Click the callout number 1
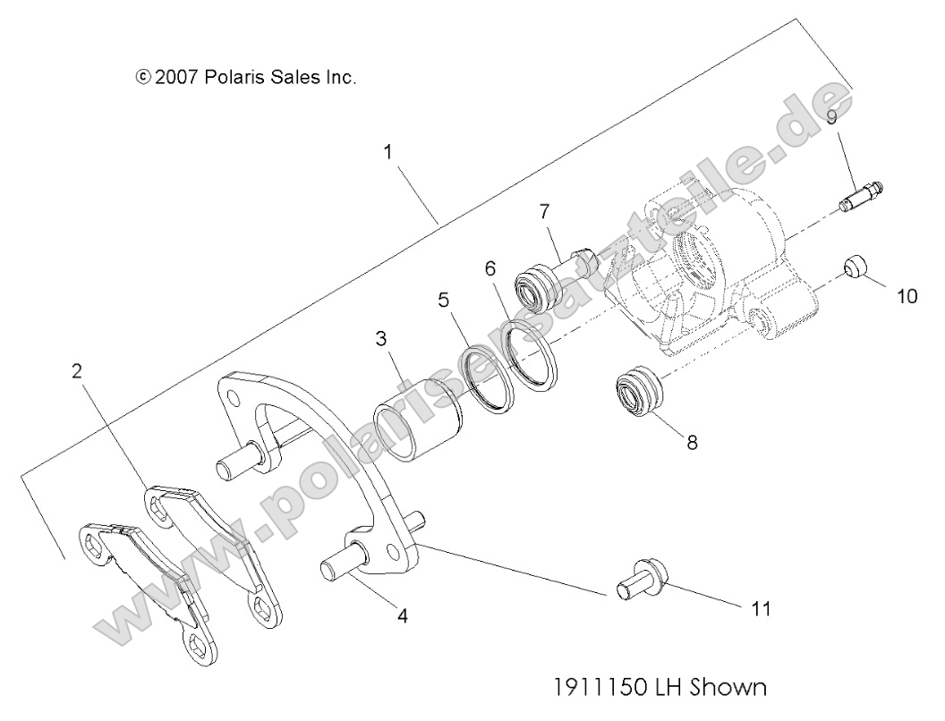(387, 152)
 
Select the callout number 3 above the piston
(381, 339)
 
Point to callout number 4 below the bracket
(403, 615)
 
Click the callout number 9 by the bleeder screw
(831, 117)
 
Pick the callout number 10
(907, 295)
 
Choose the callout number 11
(762, 608)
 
